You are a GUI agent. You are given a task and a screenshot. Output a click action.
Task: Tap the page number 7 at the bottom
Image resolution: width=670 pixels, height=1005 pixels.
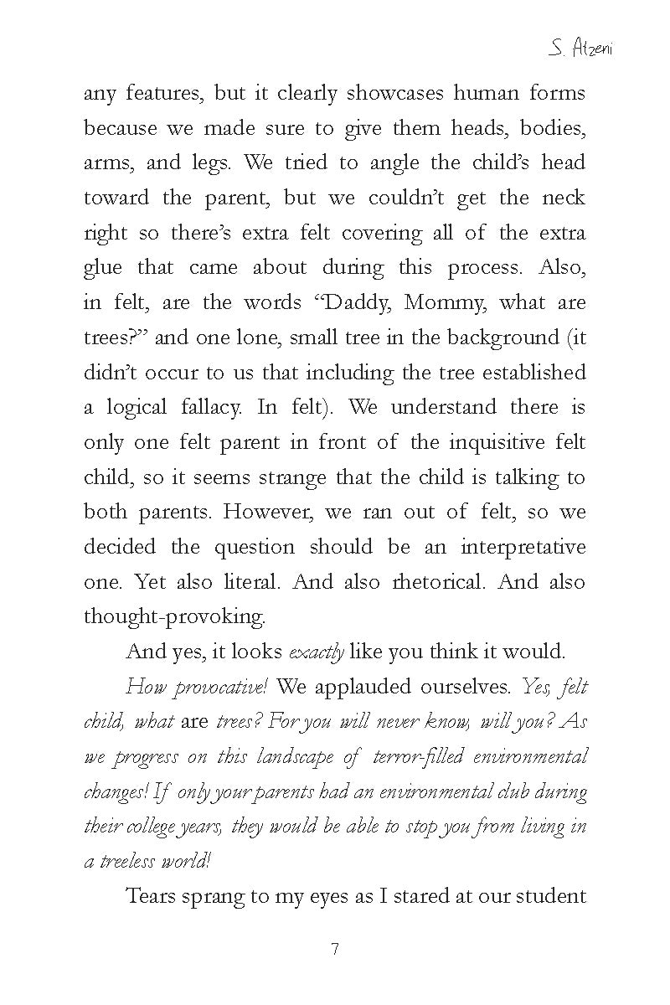tap(335, 950)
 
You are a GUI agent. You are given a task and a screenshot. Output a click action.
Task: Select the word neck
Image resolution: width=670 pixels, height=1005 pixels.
tap(564, 198)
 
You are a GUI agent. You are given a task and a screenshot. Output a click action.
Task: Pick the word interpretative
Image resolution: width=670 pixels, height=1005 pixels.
tap(523, 547)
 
